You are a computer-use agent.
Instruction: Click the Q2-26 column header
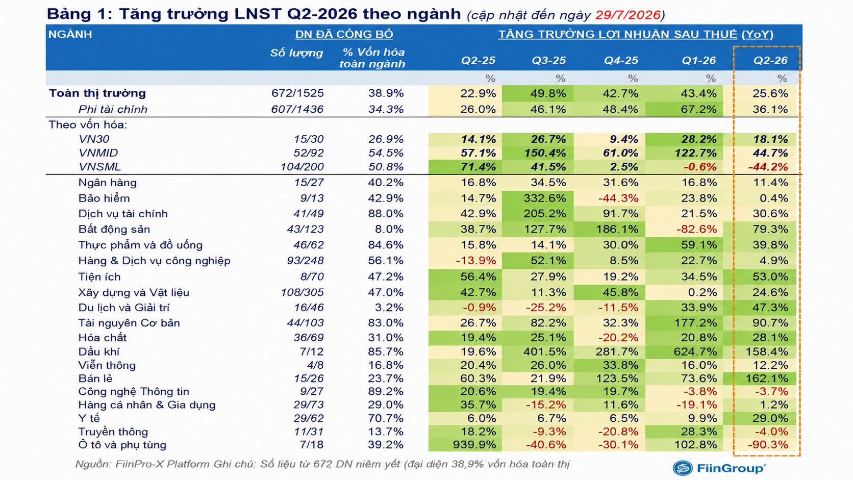pyautogui.click(x=770, y=61)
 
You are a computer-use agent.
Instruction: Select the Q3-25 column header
pyautogui.click(x=548, y=61)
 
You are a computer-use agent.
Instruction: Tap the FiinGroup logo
pyautogui.click(x=719, y=468)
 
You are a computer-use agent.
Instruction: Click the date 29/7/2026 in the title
pyautogui.click(x=628, y=15)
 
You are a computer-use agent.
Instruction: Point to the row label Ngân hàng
pyautogui.click(x=107, y=183)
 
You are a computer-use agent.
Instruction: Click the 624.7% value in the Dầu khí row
pyautogui.click(x=695, y=351)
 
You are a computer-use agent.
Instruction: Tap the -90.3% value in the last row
pyautogui.click(x=768, y=445)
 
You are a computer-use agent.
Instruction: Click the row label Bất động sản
pyautogui.click(x=114, y=229)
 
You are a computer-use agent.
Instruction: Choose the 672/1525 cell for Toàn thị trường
pyautogui.click(x=297, y=93)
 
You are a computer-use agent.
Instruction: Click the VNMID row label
pyautogui.click(x=98, y=153)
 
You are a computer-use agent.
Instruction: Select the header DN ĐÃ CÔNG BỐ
pyautogui.click(x=344, y=34)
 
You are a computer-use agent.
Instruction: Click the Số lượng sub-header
pyautogui.click(x=296, y=53)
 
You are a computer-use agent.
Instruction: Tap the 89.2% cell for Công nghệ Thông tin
pyautogui.click(x=386, y=392)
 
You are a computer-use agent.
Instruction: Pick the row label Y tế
pyautogui.click(x=89, y=418)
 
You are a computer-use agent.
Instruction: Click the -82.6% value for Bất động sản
pyautogui.click(x=696, y=229)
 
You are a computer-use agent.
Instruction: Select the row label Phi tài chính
pyautogui.click(x=113, y=109)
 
